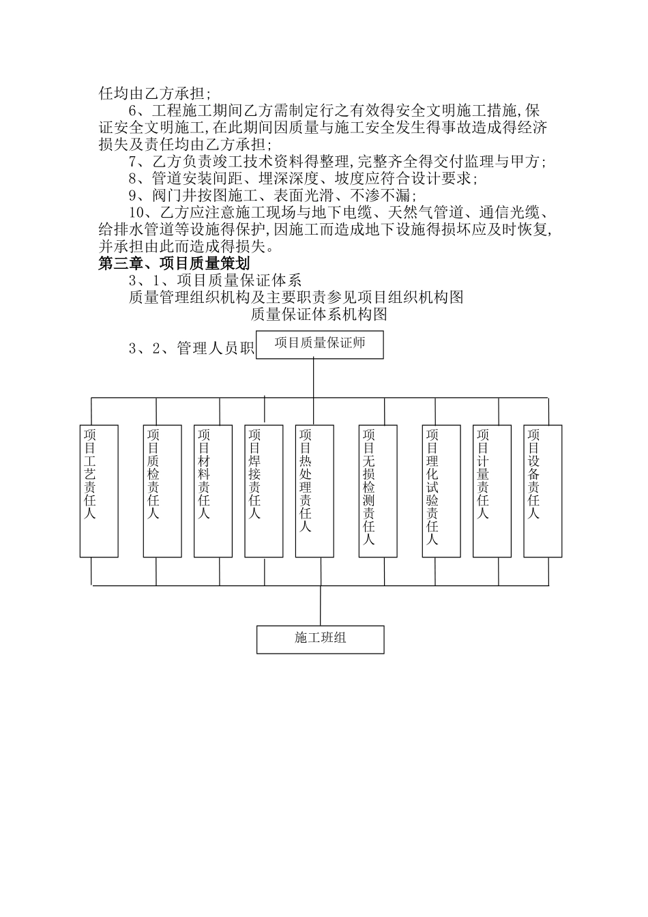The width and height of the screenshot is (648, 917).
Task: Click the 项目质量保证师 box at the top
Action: tap(320, 344)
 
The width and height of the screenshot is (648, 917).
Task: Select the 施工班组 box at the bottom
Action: tap(320, 639)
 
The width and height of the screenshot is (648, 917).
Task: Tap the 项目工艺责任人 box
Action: tap(99, 491)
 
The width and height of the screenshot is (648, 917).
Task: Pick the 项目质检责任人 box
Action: tap(162, 491)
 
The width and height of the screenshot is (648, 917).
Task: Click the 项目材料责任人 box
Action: tap(213, 491)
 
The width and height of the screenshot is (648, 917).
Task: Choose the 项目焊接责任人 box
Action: tap(264, 491)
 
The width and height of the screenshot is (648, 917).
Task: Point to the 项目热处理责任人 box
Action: tap(314, 491)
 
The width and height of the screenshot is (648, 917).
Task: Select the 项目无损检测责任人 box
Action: tap(378, 491)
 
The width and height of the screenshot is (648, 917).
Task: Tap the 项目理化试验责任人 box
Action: tap(441, 491)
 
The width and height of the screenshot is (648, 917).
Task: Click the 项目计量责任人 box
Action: tap(492, 491)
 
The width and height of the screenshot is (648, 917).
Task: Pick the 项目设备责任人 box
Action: tap(543, 491)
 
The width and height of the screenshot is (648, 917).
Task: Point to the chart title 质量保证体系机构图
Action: tap(319, 314)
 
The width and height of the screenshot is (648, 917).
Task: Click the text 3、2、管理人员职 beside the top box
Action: tap(191, 349)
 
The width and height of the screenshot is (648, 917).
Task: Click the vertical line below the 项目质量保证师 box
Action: tap(314, 377)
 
